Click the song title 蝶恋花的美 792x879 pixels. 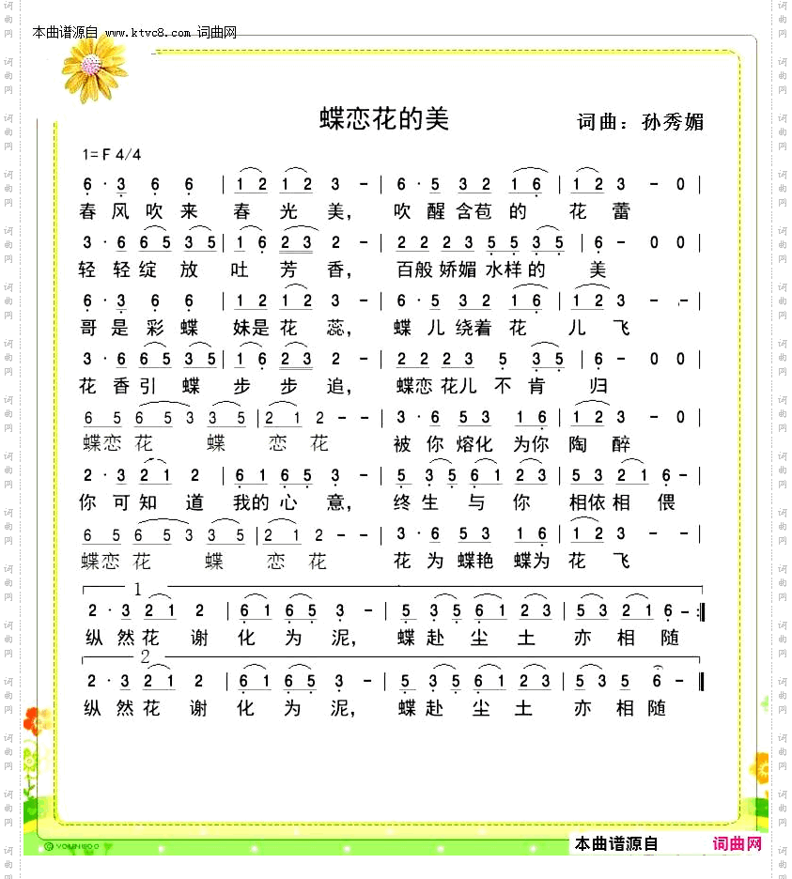pos(384,118)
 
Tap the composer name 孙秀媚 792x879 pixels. pos(672,122)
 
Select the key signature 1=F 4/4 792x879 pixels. pos(112,154)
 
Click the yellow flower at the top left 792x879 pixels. pos(92,66)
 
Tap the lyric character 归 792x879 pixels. pos(598,385)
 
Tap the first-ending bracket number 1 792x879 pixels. pos(138,589)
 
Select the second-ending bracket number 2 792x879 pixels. pos(146,655)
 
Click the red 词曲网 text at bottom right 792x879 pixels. pos(738,843)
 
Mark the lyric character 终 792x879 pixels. pos(404,502)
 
